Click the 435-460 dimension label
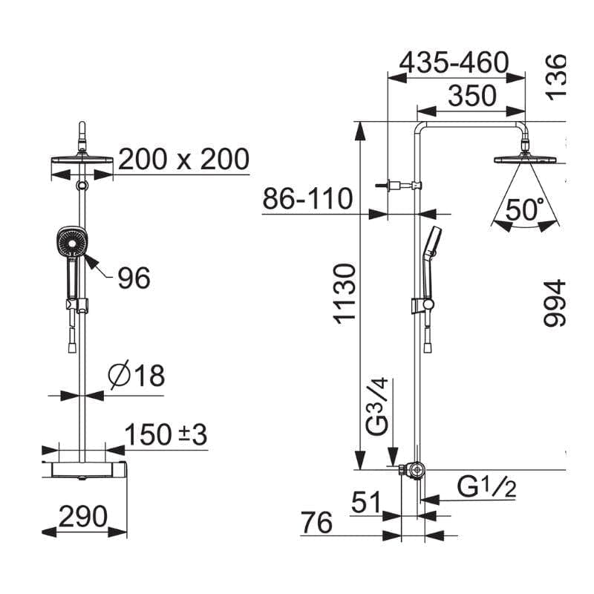coord(454,63)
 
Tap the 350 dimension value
coord(472,96)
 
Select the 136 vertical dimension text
coord(556,77)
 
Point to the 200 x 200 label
coord(183,159)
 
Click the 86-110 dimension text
coord(307,198)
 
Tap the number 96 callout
coord(134,278)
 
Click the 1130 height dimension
coord(345,294)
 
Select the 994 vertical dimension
coord(554,303)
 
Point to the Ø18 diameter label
coord(137,376)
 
